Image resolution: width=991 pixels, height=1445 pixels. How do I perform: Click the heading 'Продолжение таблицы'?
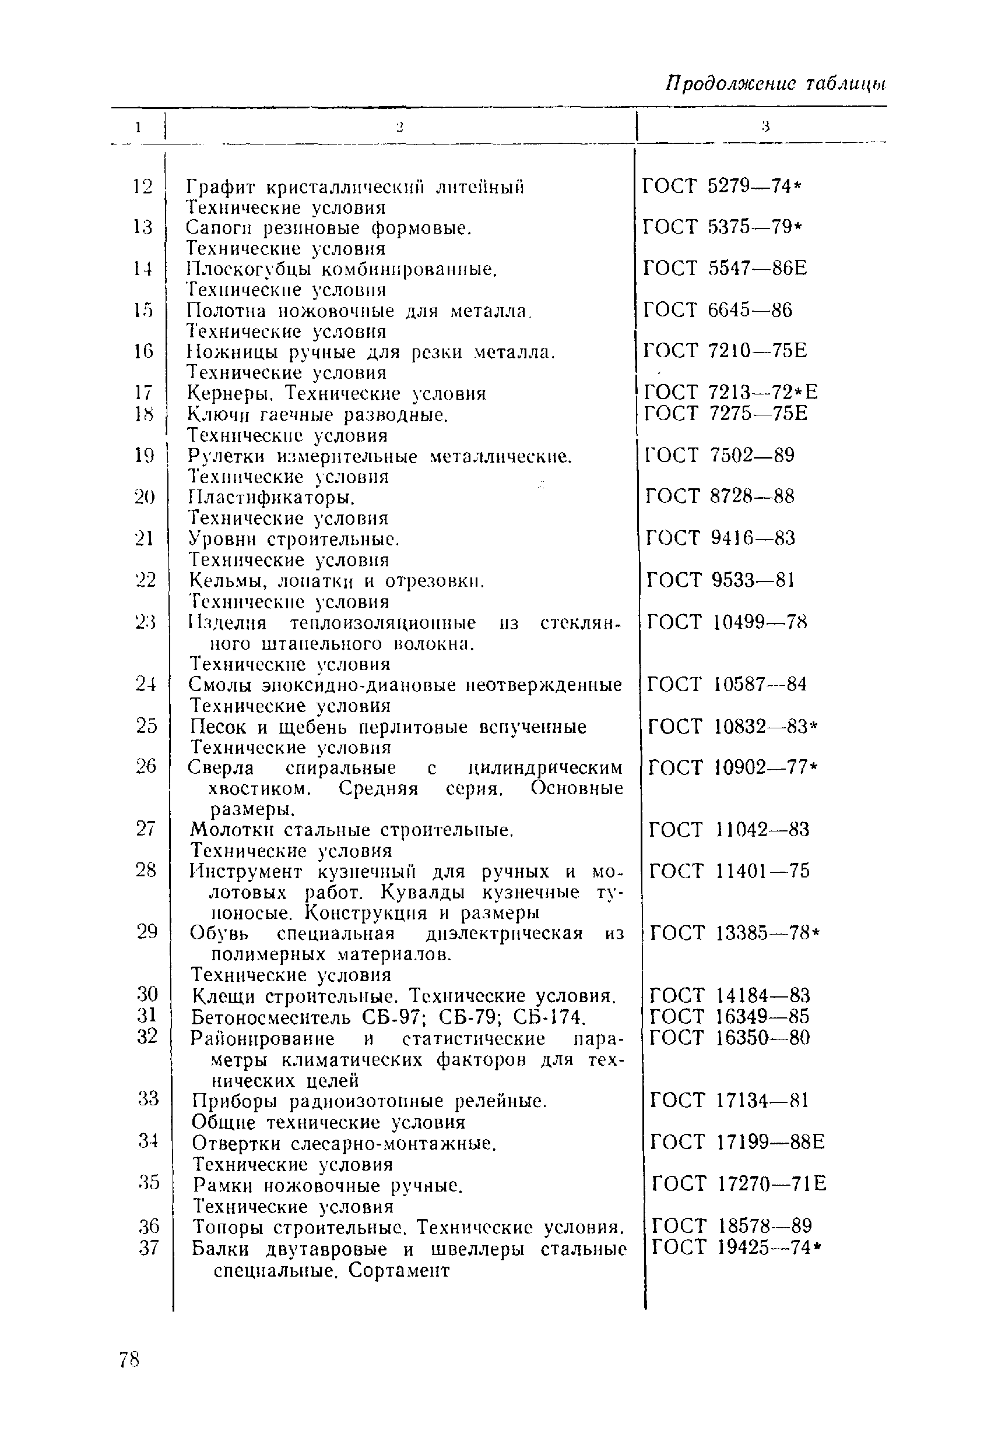pyautogui.click(x=775, y=83)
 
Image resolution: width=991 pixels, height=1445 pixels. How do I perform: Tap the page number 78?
pyautogui.click(x=129, y=1360)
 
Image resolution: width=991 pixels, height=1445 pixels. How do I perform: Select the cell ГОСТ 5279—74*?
pyautogui.click(x=722, y=186)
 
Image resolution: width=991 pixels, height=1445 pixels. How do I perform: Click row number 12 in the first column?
pyautogui.click(x=142, y=186)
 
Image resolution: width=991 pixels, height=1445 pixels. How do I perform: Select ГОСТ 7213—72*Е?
pyautogui.click(x=731, y=392)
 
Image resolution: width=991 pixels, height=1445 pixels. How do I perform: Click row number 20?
pyautogui.click(x=144, y=497)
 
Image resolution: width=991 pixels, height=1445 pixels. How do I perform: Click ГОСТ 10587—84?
pyautogui.click(x=726, y=685)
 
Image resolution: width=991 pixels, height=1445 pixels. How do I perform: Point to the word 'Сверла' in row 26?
pyautogui.click(x=221, y=768)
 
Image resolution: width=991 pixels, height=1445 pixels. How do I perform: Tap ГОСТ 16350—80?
pyautogui.click(x=730, y=1037)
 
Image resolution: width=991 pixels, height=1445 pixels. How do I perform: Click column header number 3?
pyautogui.click(x=765, y=127)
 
